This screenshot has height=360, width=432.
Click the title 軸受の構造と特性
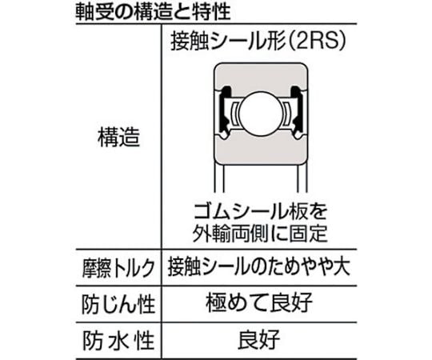pos(153,12)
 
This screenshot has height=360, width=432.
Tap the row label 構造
pos(118,137)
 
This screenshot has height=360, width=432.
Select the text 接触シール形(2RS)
pos(258,42)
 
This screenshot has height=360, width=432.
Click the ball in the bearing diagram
pos(261,114)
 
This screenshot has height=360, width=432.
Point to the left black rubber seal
pos(224,110)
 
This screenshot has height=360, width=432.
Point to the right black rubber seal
pos(298,110)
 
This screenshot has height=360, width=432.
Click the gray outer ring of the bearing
pos(261,77)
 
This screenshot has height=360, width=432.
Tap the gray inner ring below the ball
pos(261,149)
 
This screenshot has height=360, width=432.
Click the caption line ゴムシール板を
pos(260,212)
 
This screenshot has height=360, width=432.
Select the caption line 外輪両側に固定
pos(260,233)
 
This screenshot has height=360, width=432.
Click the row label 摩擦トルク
pos(118,268)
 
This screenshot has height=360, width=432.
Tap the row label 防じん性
pos(118,304)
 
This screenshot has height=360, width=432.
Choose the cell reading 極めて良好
pos(259,302)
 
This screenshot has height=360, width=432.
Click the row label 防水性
pos(118,341)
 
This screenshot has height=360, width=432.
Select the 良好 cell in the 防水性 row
pos(259,339)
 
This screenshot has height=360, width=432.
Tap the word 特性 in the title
pos(211,12)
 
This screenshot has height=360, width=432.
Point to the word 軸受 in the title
pos(94,12)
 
